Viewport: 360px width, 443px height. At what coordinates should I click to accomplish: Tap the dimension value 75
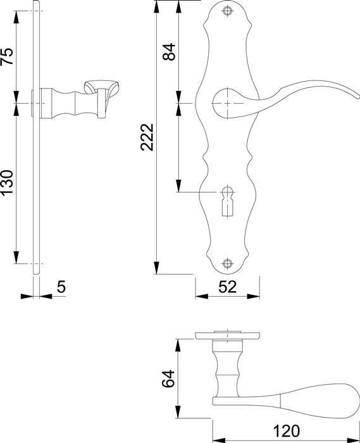[x=8, y=57]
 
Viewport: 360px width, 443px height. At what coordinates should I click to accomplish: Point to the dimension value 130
[x=8, y=184]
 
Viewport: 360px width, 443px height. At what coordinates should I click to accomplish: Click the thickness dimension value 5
[x=61, y=287]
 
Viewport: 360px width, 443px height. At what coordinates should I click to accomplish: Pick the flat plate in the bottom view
[x=227, y=335]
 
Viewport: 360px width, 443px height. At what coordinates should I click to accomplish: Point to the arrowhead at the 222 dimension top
[x=156, y=6]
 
